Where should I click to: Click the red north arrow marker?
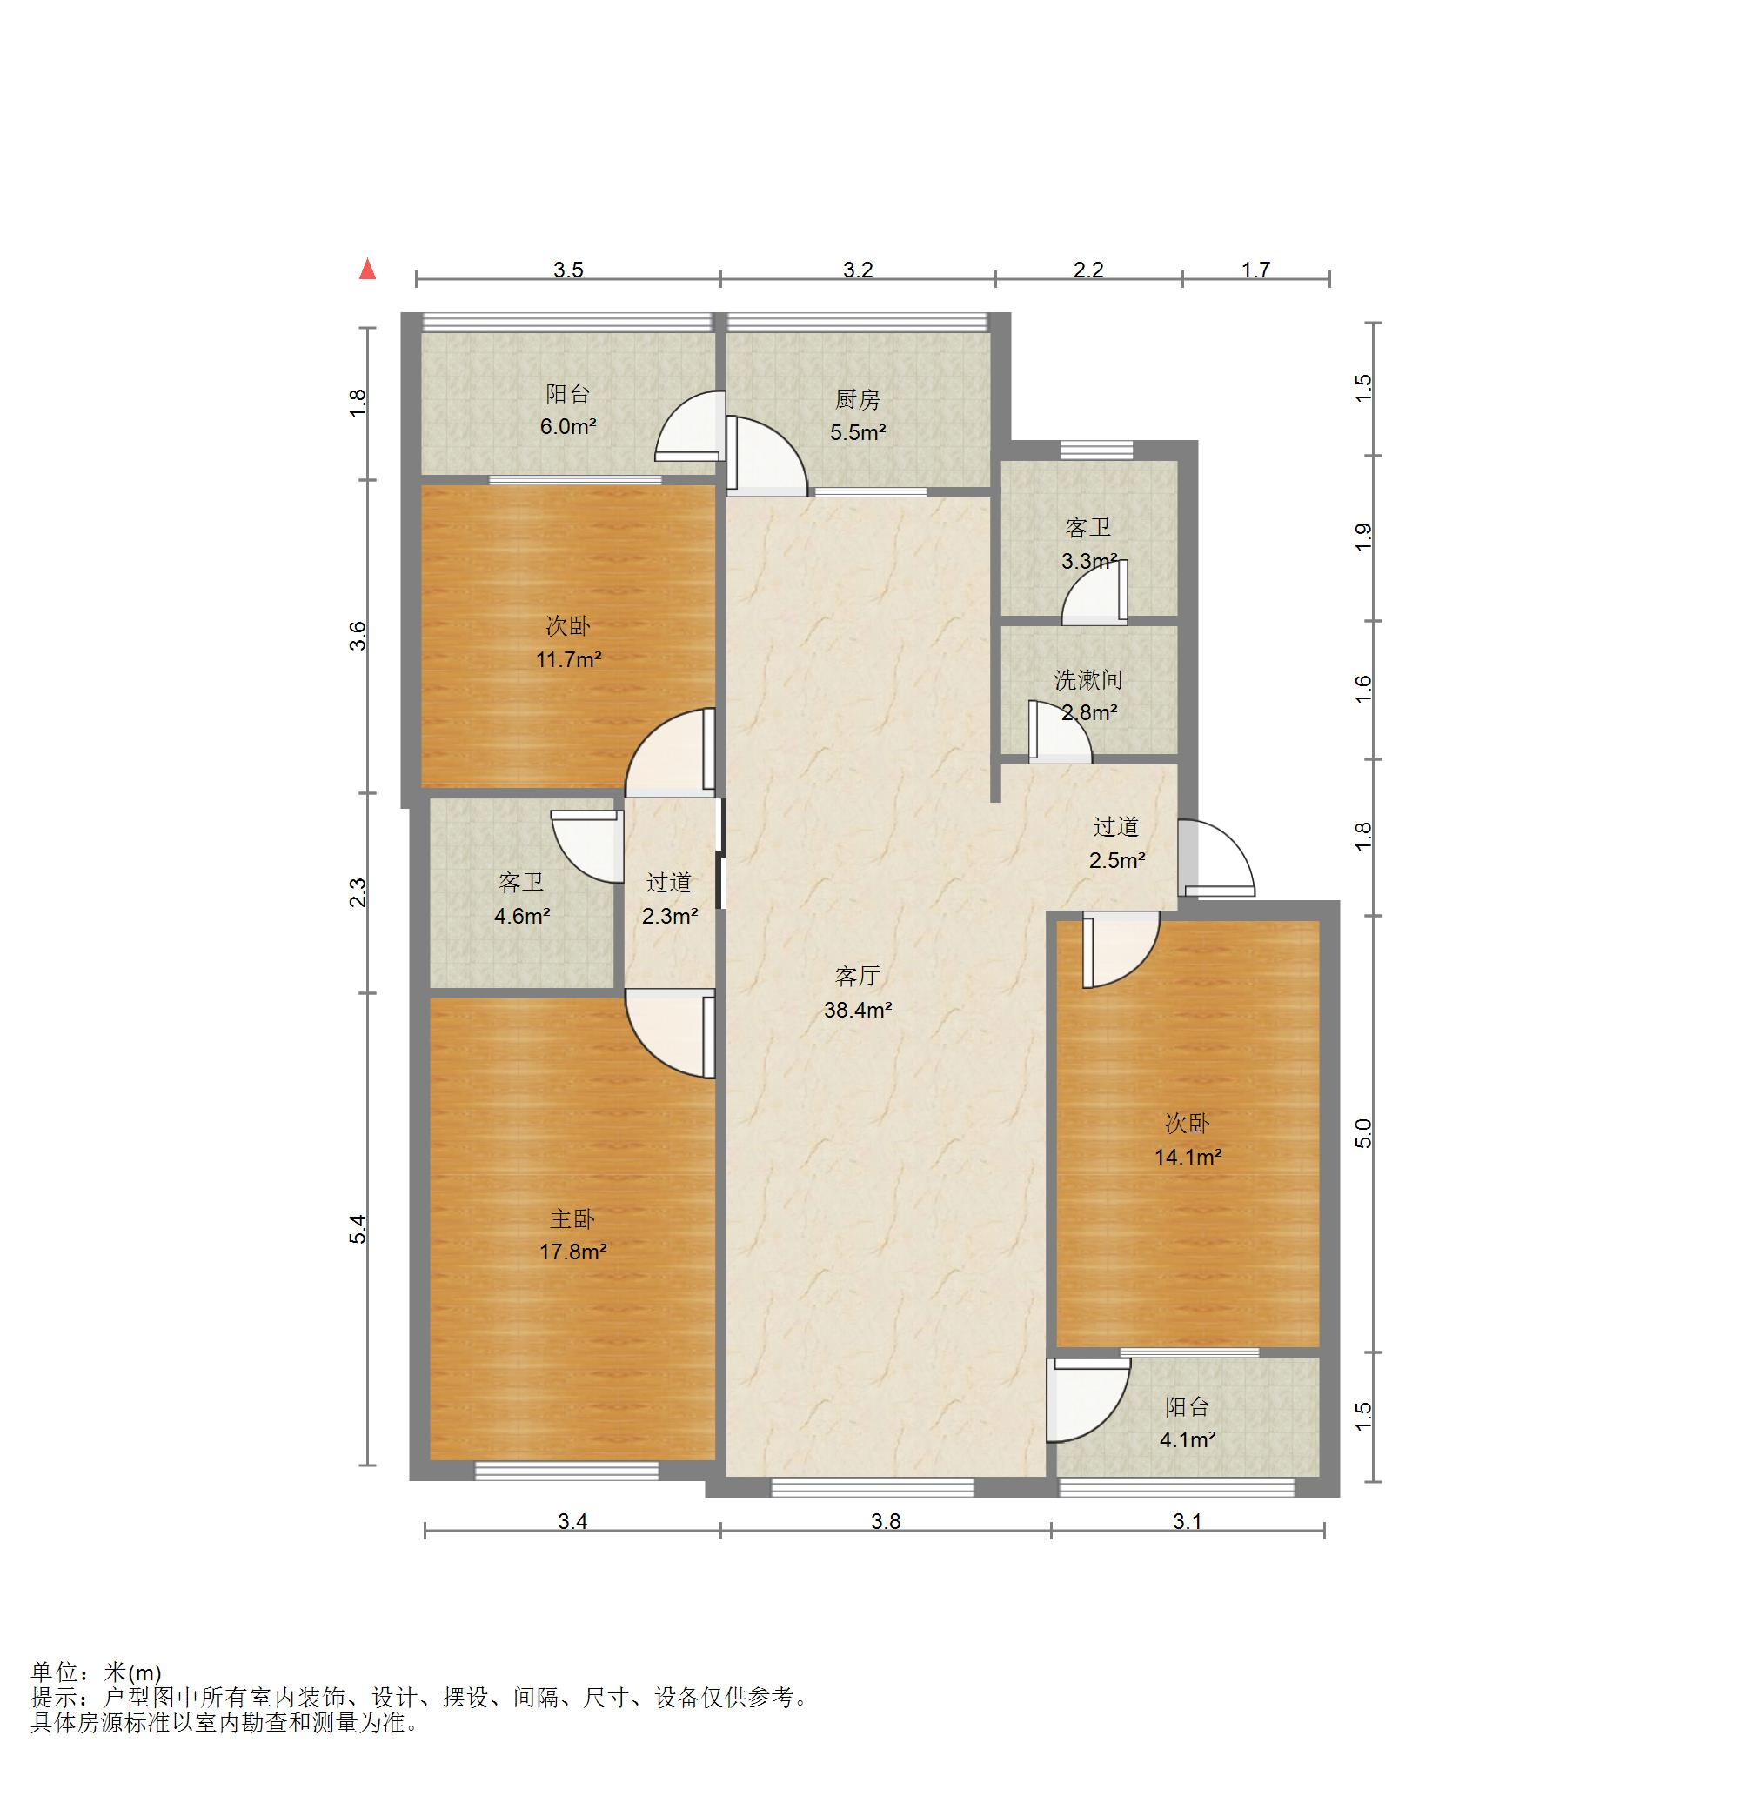pyautogui.click(x=367, y=269)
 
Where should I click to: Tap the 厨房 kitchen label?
pyautogui.click(x=858, y=400)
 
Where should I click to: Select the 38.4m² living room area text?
pyautogui.click(x=858, y=1010)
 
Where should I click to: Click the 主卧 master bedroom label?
pyautogui.click(x=572, y=1219)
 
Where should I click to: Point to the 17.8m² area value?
pyautogui.click(x=573, y=1252)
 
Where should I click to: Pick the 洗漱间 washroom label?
pyautogui.click(x=1088, y=680)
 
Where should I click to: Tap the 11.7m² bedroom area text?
pyautogui.click(x=569, y=659)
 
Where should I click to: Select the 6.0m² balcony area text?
pyautogui.click(x=568, y=426)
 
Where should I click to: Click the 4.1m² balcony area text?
pyautogui.click(x=1187, y=1439)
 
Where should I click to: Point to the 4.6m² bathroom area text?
pyautogui.click(x=521, y=917)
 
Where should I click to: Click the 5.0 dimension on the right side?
pyautogui.click(x=1363, y=1133)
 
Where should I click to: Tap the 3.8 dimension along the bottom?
pyautogui.click(x=886, y=1521)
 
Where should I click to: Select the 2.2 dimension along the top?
pyautogui.click(x=1088, y=270)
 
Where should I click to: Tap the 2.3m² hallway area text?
pyautogui.click(x=670, y=917)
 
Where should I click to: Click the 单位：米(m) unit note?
pyautogui.click(x=96, y=1672)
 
